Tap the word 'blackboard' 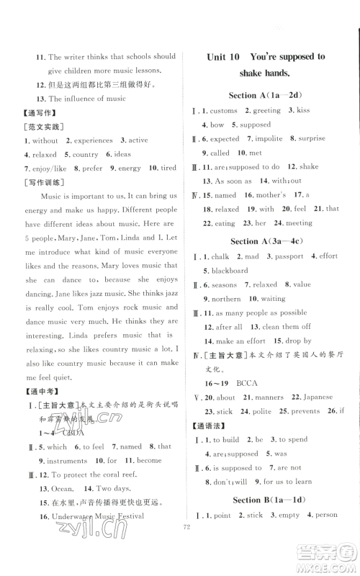(229, 271)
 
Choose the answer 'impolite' (269, 139)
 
